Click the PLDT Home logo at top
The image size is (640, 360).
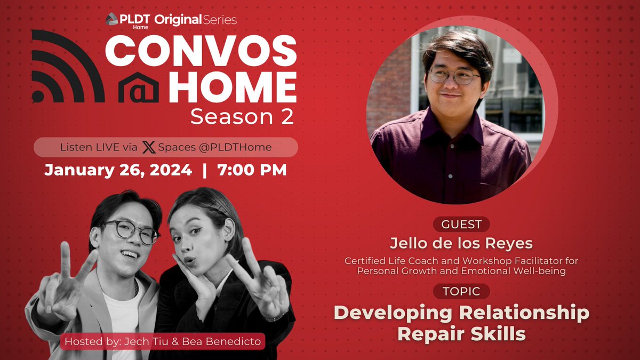(x=128, y=20)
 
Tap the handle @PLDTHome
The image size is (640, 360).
(x=235, y=147)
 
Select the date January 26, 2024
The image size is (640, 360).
(x=118, y=170)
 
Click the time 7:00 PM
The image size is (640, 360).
(x=252, y=170)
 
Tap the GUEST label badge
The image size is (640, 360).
(x=461, y=224)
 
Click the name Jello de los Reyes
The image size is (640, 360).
(x=461, y=243)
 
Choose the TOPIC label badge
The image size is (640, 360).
(x=461, y=291)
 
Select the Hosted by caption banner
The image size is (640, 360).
(x=163, y=341)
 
